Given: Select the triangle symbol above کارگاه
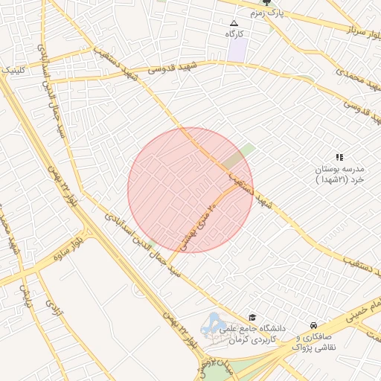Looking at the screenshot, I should [x=235, y=24].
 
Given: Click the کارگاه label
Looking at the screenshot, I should [x=236, y=34].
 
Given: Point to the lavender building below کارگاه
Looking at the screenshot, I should [x=237, y=50].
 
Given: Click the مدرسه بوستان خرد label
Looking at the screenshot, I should [x=338, y=175].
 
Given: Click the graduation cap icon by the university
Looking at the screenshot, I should [x=252, y=318].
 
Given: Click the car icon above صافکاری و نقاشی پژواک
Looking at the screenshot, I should [x=315, y=326].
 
